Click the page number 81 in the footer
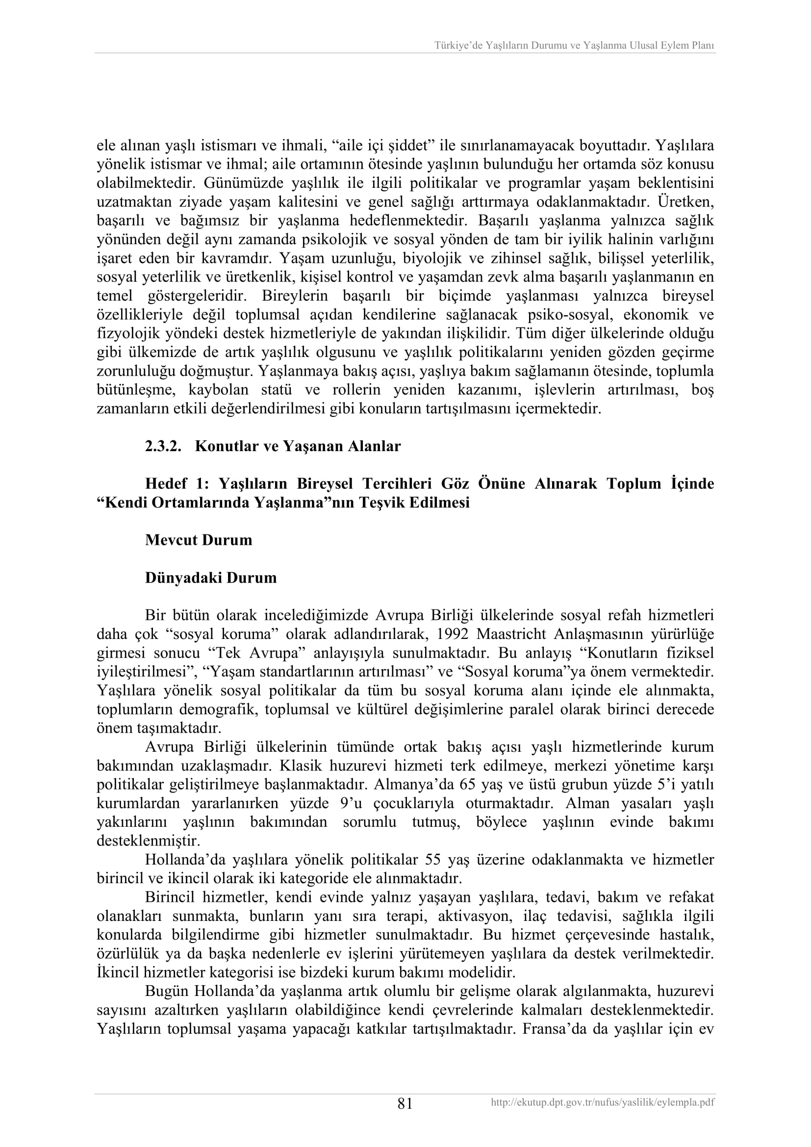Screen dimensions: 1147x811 click(405, 1103)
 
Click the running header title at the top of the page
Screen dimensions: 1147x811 click(574, 46)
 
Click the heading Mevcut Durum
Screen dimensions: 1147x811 click(198, 540)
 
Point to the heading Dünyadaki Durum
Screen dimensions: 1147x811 click(211, 578)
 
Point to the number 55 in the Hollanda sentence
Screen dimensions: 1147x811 click(433, 860)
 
